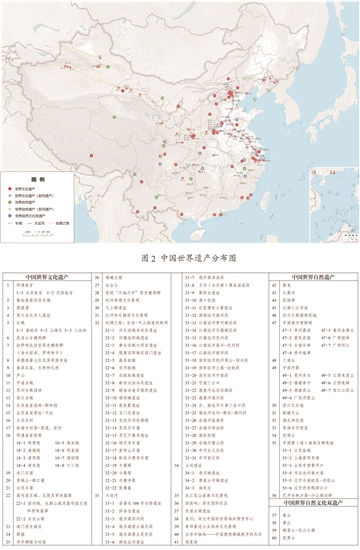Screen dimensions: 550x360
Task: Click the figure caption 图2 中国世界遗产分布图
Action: click(x=179, y=258)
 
